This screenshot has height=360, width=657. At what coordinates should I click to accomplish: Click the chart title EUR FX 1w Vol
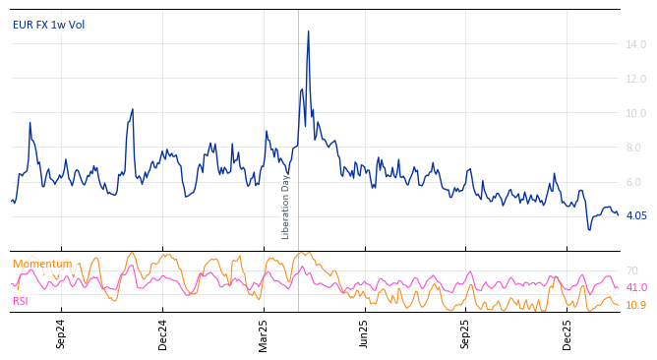48,25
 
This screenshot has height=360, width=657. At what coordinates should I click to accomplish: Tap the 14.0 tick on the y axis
635,44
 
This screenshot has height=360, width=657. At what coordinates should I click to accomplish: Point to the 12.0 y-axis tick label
635,79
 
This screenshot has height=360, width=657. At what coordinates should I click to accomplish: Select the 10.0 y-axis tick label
635,113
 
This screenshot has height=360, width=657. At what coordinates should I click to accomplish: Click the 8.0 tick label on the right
637,148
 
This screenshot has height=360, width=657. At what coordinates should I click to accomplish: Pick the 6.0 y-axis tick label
637,182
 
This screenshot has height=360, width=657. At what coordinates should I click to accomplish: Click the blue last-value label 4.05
635,215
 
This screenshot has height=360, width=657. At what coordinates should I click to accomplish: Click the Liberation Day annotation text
286,207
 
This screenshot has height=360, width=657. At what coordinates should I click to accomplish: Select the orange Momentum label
42,264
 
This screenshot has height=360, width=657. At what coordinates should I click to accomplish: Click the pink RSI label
21,301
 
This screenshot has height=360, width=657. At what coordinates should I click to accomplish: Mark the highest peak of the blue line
308,31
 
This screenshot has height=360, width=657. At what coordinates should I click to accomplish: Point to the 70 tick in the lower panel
631,270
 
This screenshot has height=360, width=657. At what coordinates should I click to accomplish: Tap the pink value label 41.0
635,287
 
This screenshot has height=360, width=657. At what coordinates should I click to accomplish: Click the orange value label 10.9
635,305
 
